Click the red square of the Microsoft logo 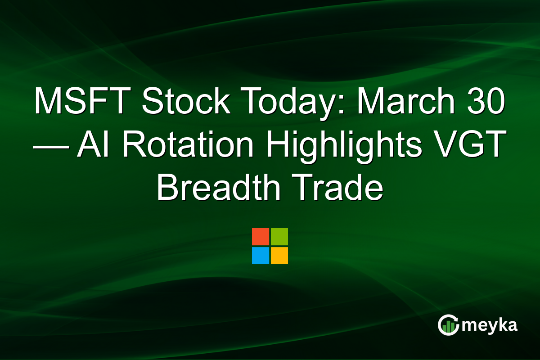click(x=261, y=237)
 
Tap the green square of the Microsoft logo click(x=279, y=237)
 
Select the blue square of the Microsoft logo click(x=261, y=256)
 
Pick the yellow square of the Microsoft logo click(x=279, y=256)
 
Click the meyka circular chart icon click(x=448, y=325)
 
